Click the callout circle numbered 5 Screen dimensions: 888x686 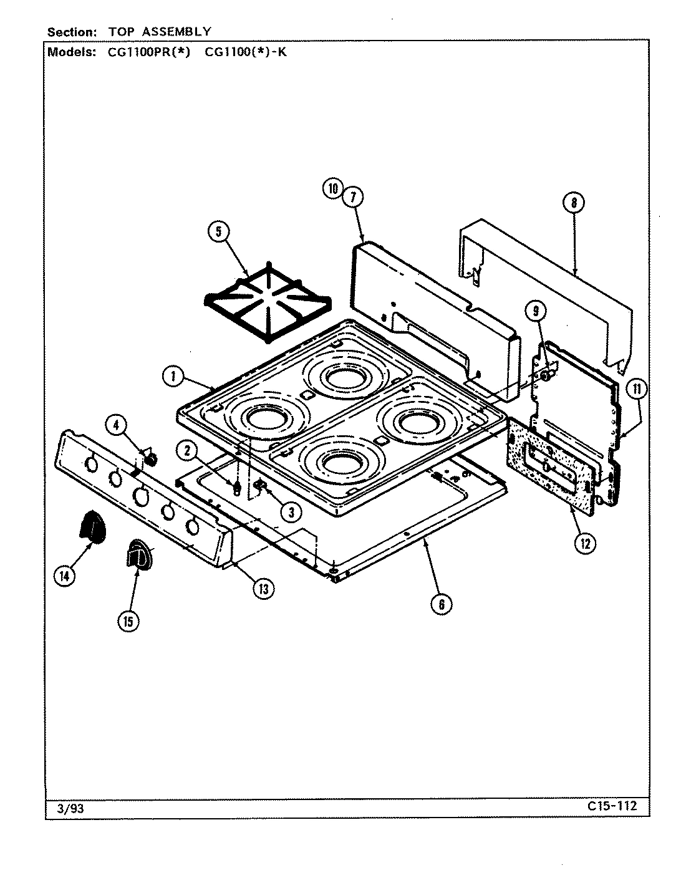pyautogui.click(x=218, y=233)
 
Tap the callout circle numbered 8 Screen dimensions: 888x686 pyautogui.click(x=573, y=202)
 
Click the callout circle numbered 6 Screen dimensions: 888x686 pyautogui.click(x=441, y=603)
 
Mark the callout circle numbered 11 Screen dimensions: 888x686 pyautogui.click(x=637, y=390)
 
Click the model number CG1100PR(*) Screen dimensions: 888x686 pyautogui.click(x=145, y=52)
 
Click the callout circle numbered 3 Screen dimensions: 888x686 pyautogui.click(x=289, y=511)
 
